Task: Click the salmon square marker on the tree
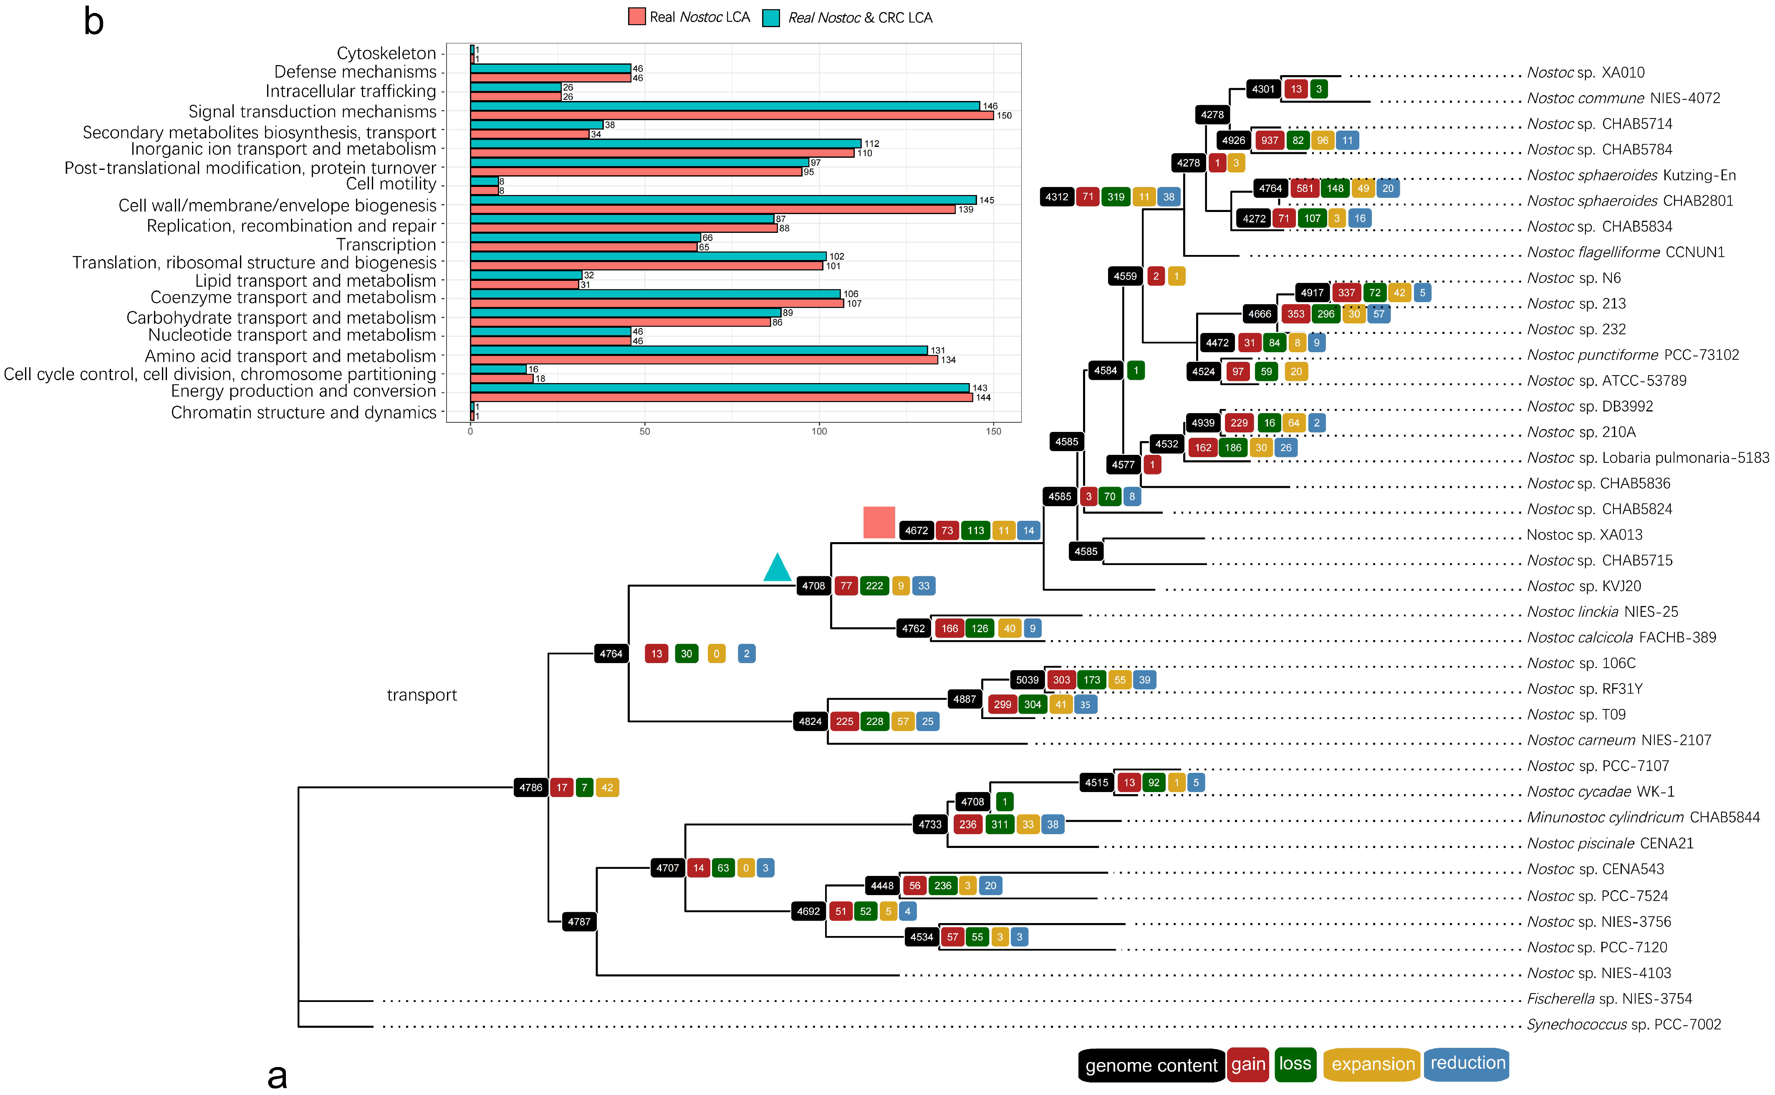[879, 522]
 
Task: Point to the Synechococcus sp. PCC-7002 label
[1624, 1024]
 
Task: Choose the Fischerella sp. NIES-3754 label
[1609, 999]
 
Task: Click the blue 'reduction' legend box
[1467, 1063]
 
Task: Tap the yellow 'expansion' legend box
[1372, 1064]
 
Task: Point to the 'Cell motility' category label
[391, 184]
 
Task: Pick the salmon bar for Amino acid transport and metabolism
[704, 360]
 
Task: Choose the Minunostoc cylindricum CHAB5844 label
[1642, 817]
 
